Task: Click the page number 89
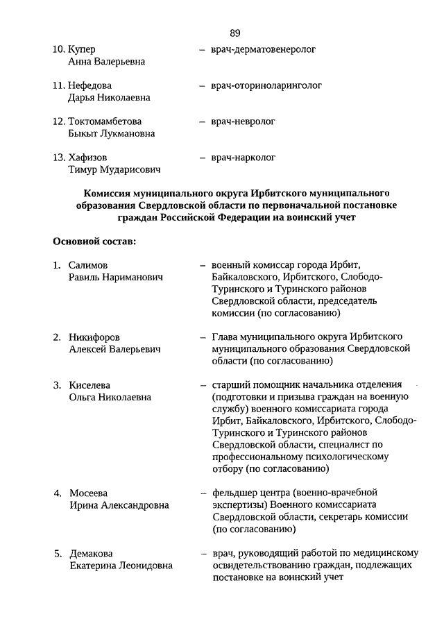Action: (234, 32)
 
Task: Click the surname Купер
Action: (82, 49)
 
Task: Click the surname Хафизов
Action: (87, 158)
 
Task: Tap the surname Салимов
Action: (89, 265)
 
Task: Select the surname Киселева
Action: (90, 385)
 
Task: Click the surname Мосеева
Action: (89, 493)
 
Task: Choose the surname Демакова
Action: (92, 554)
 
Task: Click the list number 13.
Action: (59, 158)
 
